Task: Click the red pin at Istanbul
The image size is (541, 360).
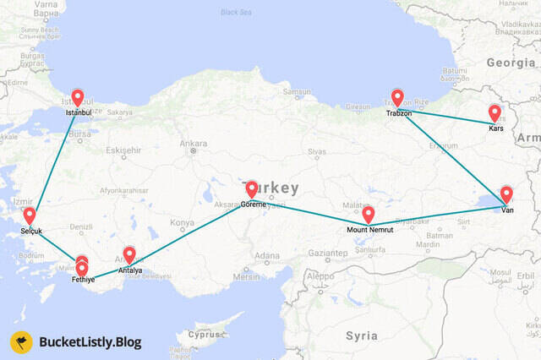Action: coord(77,98)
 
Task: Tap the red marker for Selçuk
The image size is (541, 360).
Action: coord(30,216)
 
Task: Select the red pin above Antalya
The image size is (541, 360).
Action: coord(129,254)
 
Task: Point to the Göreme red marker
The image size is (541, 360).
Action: coord(252,189)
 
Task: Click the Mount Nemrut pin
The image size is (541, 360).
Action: coord(368,215)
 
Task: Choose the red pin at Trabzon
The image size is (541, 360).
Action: coord(397,98)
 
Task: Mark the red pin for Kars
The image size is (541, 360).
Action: coord(495,112)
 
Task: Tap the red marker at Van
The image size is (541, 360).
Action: coord(506,194)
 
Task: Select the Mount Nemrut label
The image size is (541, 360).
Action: coord(368,229)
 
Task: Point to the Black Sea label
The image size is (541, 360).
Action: coord(236,12)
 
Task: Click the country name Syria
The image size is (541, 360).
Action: coord(362,335)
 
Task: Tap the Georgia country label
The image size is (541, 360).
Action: coord(511,63)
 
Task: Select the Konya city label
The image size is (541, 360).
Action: coord(182,223)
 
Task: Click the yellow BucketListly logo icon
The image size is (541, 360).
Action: coord(21,342)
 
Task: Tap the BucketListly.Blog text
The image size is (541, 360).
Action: coord(90,342)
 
